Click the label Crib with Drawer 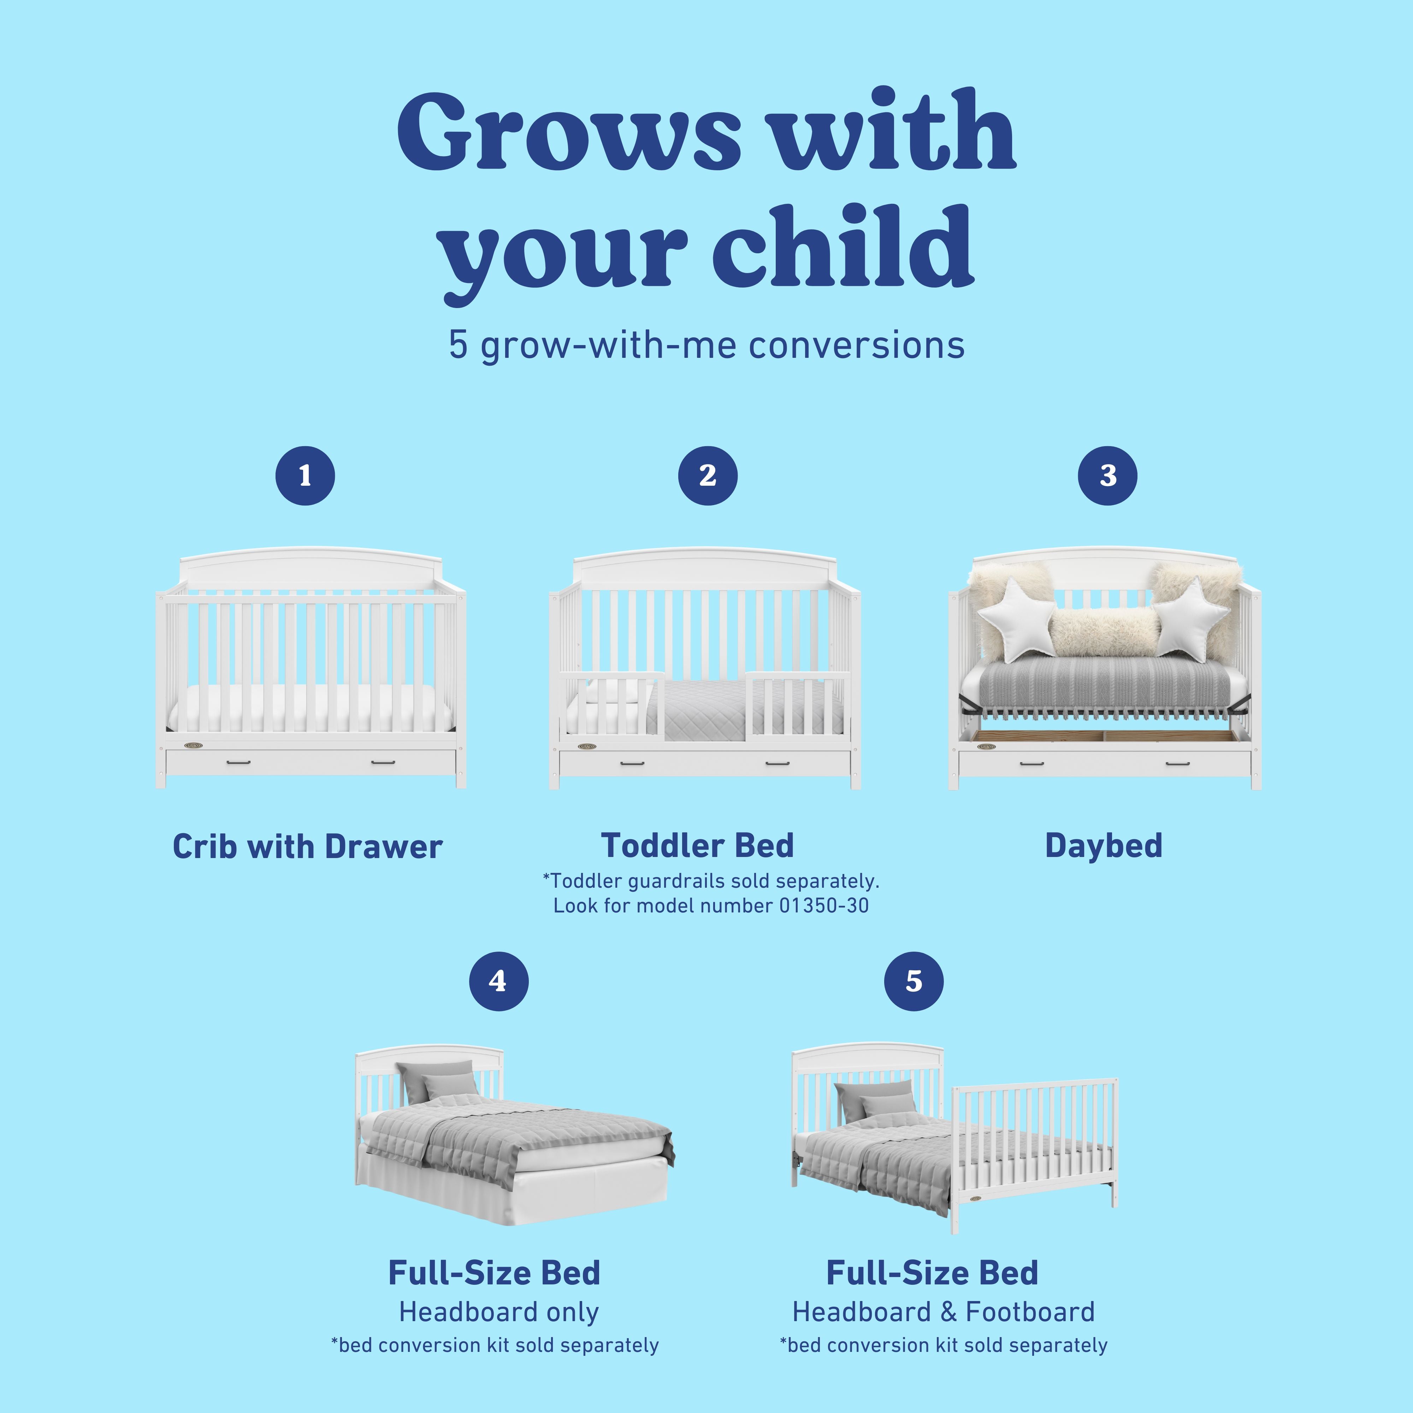[x=307, y=847]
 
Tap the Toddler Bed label [x=697, y=845]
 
